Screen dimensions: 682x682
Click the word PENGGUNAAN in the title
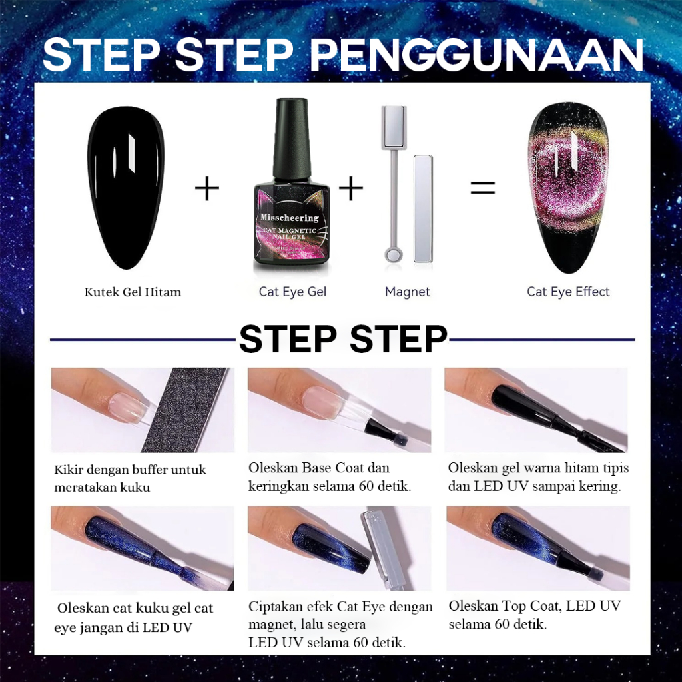pyautogui.click(x=476, y=55)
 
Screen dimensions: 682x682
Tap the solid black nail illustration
pyautogui.click(x=126, y=187)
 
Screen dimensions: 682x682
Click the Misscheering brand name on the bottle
pyautogui.click(x=290, y=218)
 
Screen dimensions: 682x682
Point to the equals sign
pyautogui.click(x=483, y=188)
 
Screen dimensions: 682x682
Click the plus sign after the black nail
pyautogui.click(x=207, y=188)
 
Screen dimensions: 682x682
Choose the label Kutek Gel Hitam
pyautogui.click(x=133, y=292)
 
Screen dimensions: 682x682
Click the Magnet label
pyautogui.click(x=407, y=292)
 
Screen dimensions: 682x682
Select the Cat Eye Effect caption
pyautogui.click(x=568, y=292)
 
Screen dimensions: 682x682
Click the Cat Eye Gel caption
pyautogui.click(x=292, y=292)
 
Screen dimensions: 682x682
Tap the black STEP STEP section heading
pyautogui.click(x=343, y=339)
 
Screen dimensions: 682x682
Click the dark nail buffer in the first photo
pyautogui.click(x=186, y=410)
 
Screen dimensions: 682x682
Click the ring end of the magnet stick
pyautogui.click(x=394, y=254)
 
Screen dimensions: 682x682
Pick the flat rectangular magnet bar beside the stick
pyautogui.click(x=422, y=208)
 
